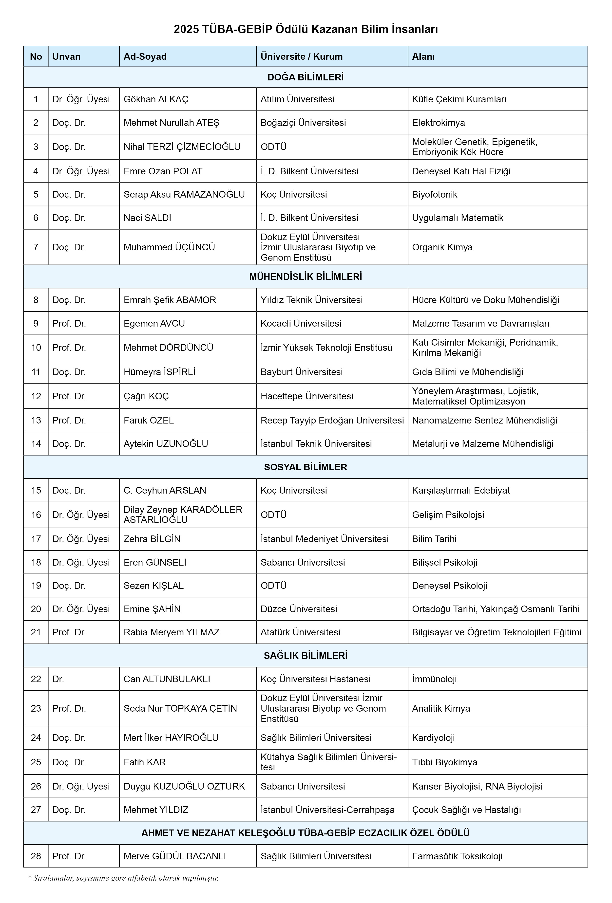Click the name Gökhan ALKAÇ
click(x=156, y=99)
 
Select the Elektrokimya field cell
click(x=438, y=123)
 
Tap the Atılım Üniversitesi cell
click(x=297, y=99)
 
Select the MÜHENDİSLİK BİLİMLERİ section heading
click(x=306, y=277)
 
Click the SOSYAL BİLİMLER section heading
click(x=306, y=467)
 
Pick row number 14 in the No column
click(x=36, y=444)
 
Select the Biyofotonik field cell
click(x=434, y=194)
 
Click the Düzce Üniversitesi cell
click(x=299, y=609)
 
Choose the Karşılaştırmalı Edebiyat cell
click(x=461, y=490)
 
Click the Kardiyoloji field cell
click(x=433, y=737)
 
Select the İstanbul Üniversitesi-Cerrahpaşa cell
click(x=327, y=810)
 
